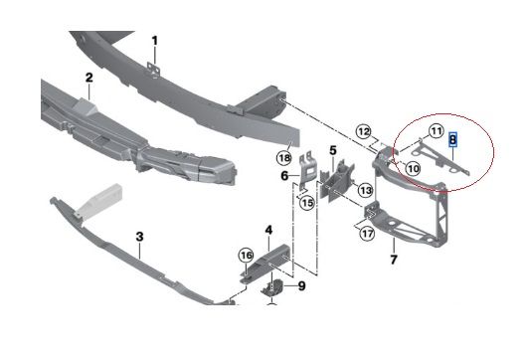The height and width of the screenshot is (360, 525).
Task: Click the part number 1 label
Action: coord(154,41)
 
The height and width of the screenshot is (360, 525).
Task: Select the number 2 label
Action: coord(88,78)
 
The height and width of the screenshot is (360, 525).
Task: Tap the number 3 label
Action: coord(139,237)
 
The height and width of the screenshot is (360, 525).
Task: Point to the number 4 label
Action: coord(268,231)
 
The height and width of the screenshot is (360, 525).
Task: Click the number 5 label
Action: coord(333,150)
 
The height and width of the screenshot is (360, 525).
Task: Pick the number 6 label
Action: coord(284,175)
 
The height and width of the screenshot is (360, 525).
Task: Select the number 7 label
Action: coord(394,260)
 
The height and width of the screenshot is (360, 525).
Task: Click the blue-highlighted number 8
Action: coord(452,139)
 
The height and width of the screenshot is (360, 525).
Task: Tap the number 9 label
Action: coord(301,286)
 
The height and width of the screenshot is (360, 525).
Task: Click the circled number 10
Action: coord(413,168)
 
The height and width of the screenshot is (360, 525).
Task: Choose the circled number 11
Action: coord(436,131)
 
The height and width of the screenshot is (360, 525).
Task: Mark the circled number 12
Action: coord(364,131)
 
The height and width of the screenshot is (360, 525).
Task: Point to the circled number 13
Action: coord(365,190)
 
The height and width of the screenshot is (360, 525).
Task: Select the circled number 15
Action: coord(307,202)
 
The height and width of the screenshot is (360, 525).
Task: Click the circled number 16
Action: coord(247,257)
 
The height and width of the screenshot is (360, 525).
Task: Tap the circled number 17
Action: coord(367,233)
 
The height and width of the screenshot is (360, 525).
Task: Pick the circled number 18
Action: coord(284,158)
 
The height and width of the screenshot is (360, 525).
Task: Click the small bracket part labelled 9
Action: coord(272,288)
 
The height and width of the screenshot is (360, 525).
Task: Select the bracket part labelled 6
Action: coord(307,171)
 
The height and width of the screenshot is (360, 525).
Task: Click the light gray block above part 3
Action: coord(98,200)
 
